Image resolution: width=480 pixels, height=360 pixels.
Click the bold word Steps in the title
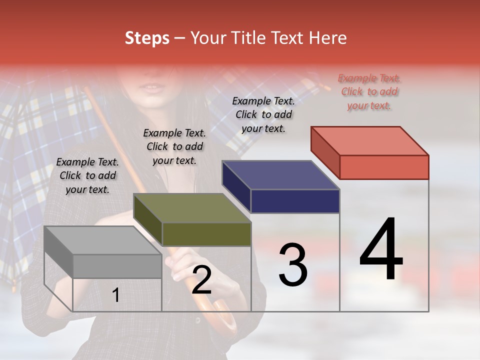(147, 38)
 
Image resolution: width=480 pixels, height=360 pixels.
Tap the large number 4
(381, 250)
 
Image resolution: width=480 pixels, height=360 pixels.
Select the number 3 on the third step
(292, 265)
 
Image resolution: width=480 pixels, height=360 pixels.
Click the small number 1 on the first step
(116, 295)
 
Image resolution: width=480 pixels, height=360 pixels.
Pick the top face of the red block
(369, 140)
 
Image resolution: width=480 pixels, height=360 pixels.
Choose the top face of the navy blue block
(280, 175)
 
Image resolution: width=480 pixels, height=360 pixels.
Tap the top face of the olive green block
(192, 208)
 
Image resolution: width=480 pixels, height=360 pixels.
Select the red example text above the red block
(369, 92)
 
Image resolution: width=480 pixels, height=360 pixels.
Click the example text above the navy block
(263, 114)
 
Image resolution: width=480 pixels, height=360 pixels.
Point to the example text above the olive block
(174, 147)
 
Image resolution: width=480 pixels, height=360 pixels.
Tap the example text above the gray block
(87, 176)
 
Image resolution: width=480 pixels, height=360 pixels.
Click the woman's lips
(152, 88)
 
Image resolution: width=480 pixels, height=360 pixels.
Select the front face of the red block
(384, 167)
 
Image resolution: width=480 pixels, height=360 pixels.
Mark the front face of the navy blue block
(295, 201)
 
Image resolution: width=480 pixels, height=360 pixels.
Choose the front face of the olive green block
(206, 234)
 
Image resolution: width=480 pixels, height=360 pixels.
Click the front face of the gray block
(117, 266)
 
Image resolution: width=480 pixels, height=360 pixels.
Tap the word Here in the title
(328, 38)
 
